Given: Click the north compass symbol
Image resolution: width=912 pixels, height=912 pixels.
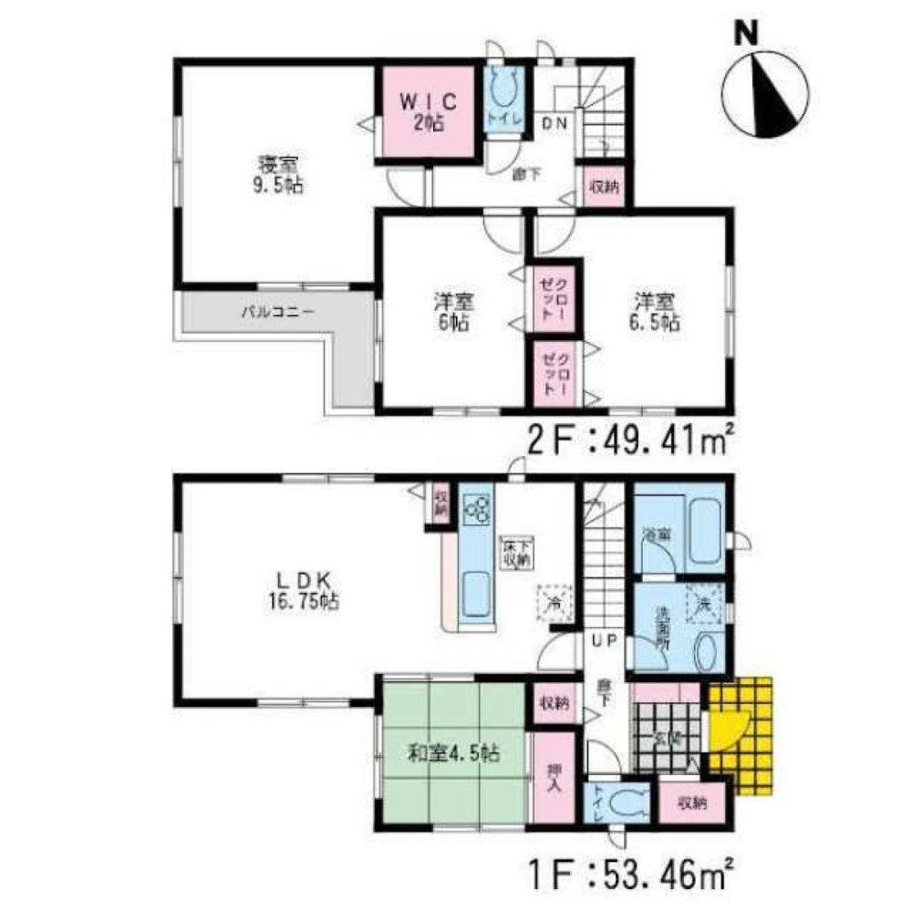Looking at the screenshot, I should click(x=764, y=92).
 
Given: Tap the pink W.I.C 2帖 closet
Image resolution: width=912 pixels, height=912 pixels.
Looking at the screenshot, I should click(x=427, y=112).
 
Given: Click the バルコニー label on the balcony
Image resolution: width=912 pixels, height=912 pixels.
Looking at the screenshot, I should click(x=278, y=311).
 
